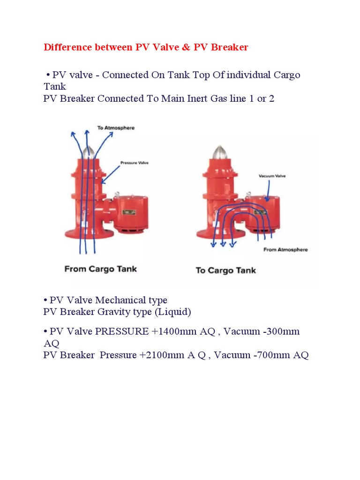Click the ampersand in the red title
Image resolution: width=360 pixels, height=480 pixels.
tap(186, 47)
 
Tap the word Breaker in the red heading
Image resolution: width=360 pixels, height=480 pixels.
tap(229, 47)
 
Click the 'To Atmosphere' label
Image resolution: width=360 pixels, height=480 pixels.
tap(116, 127)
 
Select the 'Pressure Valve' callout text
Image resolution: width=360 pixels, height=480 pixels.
tap(135, 163)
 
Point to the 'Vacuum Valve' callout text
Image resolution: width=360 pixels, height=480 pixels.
tap(272, 176)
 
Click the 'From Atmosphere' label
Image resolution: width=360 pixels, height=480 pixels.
tap(285, 249)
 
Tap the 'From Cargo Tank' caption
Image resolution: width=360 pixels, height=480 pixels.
tap(100, 269)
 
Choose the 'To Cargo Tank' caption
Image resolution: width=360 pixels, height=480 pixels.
tap(225, 270)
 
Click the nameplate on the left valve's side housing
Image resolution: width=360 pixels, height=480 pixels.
tap(129, 212)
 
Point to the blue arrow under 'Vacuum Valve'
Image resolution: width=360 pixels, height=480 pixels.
tap(269, 191)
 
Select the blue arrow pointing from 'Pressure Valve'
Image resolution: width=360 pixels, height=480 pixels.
tap(110, 175)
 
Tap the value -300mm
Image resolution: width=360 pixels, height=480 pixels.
tap(281, 331)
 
